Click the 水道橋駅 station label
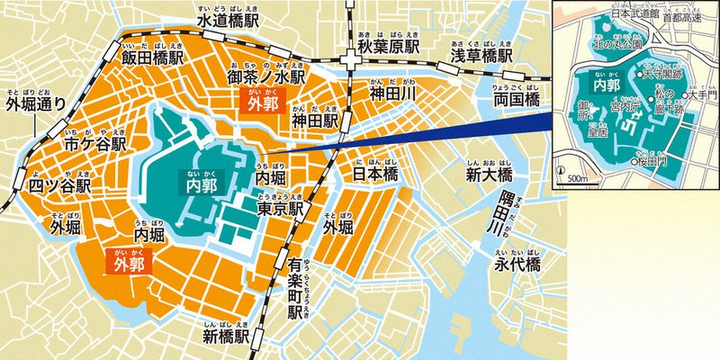231,19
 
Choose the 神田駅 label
315,120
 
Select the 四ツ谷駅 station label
58,186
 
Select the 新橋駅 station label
230,337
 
